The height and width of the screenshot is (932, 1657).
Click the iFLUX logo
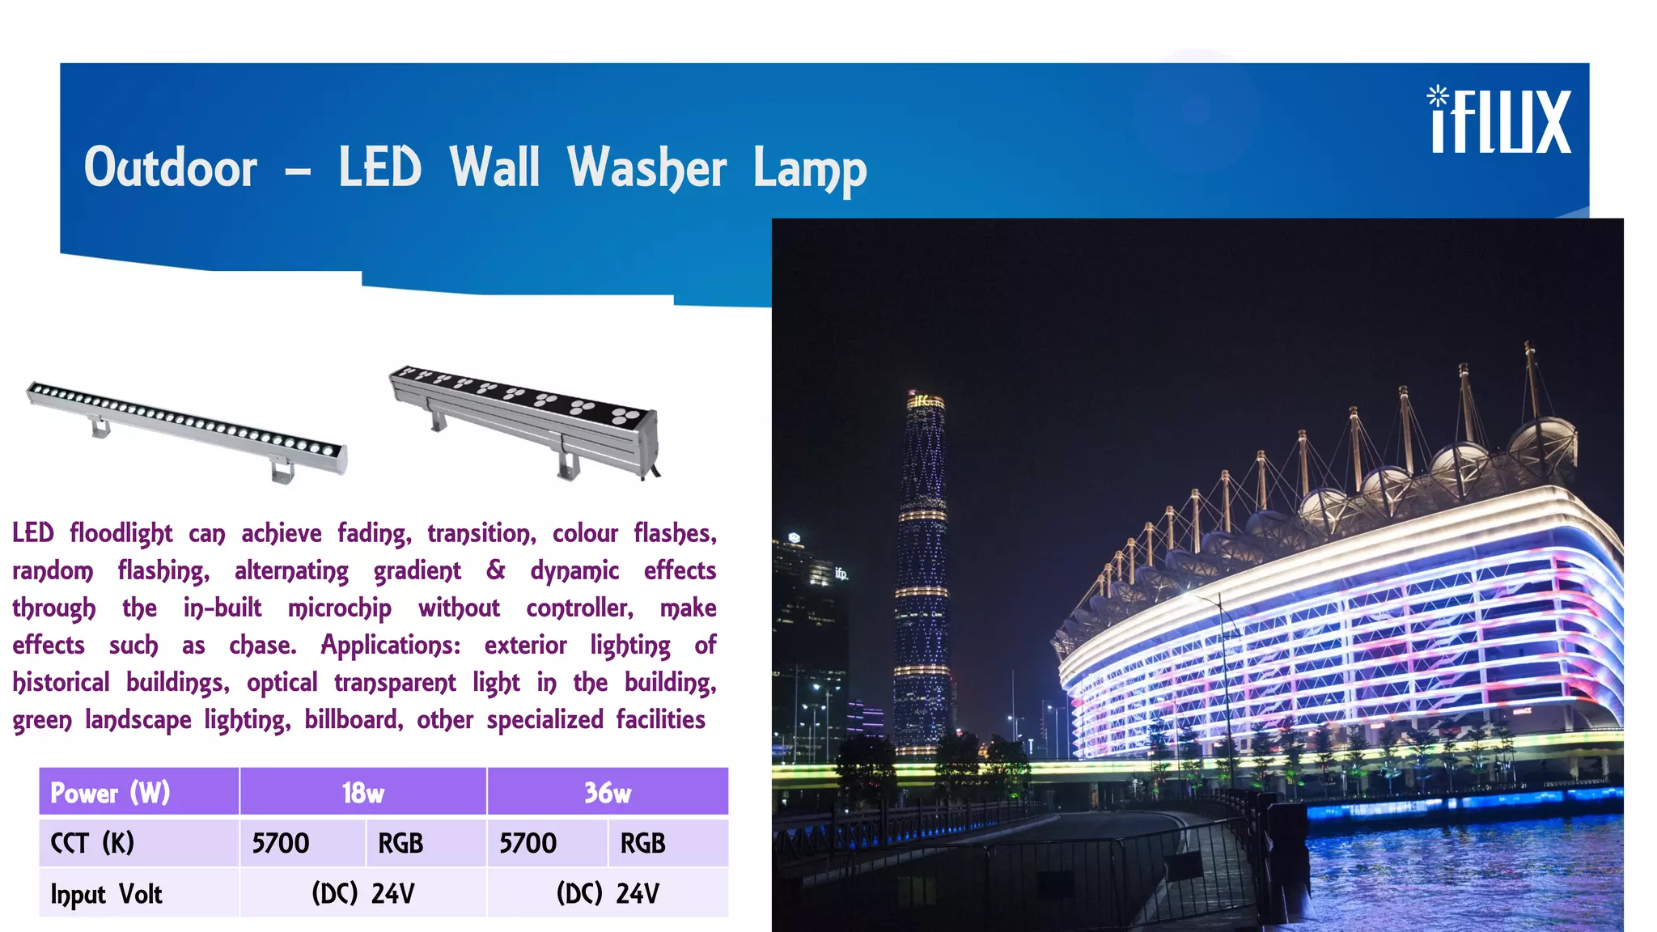pos(1501,121)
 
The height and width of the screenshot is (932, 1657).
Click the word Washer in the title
pos(646,168)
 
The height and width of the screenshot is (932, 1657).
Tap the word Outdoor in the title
pos(171,168)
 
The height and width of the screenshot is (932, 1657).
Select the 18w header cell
pos(362,792)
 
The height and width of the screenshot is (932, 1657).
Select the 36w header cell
pos(608,792)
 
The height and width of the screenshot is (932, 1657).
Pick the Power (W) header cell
pos(111,792)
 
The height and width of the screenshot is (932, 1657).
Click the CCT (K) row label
pos(92,843)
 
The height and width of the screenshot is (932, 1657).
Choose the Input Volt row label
pos(106,894)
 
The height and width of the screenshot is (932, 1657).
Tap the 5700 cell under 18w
pos(280,843)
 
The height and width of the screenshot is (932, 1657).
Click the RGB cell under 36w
pos(643,843)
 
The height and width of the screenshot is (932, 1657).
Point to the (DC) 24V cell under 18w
pos(362,894)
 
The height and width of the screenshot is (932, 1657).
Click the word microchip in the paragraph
pos(340,608)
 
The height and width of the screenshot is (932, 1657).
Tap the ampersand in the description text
pos(495,570)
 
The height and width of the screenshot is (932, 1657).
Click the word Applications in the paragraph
pos(390,646)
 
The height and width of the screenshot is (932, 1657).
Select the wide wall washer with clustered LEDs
pos(526,417)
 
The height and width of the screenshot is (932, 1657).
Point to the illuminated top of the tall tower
pos(926,401)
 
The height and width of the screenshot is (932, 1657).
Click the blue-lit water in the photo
pos(1456,874)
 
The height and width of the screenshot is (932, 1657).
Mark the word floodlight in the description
pos(121,534)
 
